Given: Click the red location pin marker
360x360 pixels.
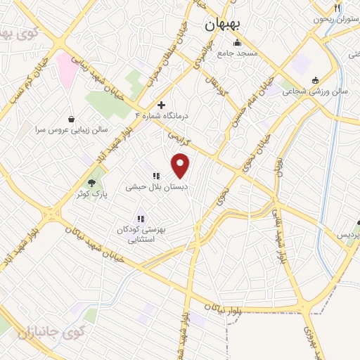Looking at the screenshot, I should [x=181, y=166].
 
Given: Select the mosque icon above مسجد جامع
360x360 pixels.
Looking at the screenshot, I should [x=235, y=41].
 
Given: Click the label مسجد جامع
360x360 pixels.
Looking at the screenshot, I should [x=238, y=53].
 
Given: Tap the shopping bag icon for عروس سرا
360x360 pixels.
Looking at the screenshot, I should [x=72, y=118].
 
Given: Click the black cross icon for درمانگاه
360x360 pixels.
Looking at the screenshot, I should [x=161, y=103].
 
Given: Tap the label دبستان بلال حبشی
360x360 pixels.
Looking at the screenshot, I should [x=155, y=187].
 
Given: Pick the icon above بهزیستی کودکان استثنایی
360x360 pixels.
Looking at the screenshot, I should [x=140, y=219].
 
